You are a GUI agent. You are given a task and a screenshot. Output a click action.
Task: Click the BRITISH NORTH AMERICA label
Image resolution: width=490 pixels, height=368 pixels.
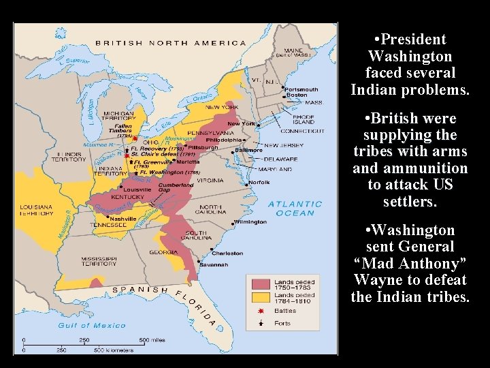point(170,43)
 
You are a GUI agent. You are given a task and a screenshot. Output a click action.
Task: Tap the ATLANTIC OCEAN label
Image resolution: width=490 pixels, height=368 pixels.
point(295,208)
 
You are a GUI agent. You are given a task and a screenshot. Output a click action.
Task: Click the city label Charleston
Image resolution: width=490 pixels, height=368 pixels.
point(227,253)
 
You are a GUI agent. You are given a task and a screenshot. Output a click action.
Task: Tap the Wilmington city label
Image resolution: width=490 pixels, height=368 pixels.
point(250,222)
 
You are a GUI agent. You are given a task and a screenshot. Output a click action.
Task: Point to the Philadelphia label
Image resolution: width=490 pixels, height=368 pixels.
point(252,140)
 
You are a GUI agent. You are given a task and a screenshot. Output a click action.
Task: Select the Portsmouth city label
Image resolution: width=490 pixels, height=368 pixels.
point(301,89)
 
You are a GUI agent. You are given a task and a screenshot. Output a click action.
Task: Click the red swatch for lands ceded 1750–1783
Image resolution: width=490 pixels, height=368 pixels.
point(261,283)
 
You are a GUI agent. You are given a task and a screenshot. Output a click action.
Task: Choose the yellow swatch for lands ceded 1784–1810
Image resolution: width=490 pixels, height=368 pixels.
point(261,296)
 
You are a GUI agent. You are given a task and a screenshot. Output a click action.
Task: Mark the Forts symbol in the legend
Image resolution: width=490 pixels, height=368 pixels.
point(260,323)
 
